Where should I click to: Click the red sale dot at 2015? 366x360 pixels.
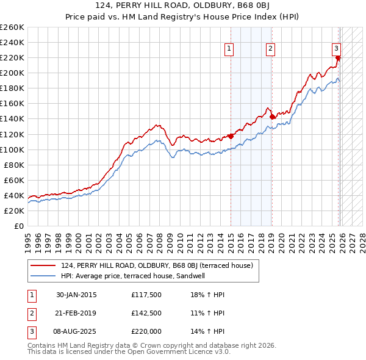[x=231, y=136]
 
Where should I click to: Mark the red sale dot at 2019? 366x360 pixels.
[x=272, y=117]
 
